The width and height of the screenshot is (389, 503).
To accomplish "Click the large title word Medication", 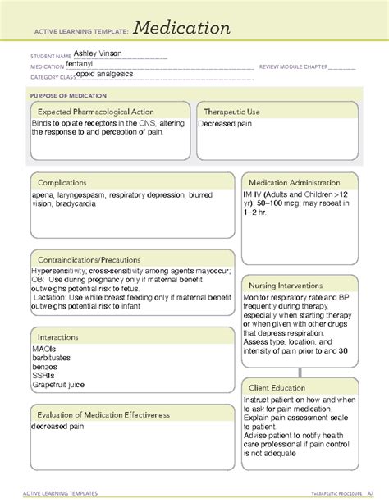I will point(178,29).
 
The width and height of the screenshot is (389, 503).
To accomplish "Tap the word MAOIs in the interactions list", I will point(44,350).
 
